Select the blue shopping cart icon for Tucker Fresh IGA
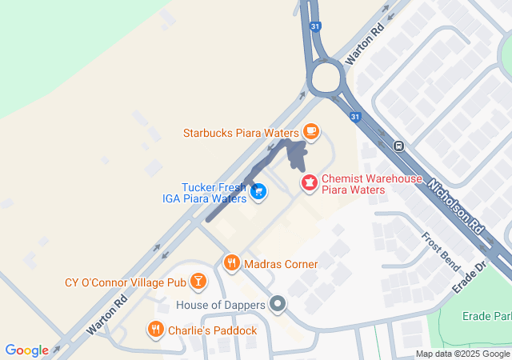[x=258, y=191]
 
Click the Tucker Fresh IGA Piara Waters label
[x=214, y=193]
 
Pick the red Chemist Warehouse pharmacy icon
[x=308, y=184]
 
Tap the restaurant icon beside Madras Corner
[x=232, y=262]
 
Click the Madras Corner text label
[x=281, y=264]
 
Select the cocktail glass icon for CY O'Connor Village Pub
[x=198, y=282]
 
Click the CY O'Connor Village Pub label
[x=125, y=282]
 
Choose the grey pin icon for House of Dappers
[x=278, y=304]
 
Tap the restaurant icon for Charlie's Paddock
[x=156, y=329]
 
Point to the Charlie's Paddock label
[x=212, y=330]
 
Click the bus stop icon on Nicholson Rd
[x=398, y=146]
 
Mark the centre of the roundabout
[x=326, y=79]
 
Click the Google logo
[x=26, y=350]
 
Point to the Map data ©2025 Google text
[x=462, y=354]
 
